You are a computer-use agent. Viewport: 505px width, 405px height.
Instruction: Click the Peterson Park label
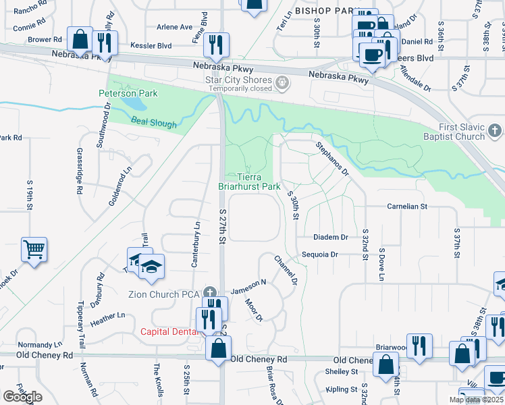click(x=128, y=93)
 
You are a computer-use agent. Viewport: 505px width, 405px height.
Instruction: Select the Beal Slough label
click(x=154, y=124)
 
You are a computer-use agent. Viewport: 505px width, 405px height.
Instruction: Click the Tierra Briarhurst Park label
click(x=249, y=181)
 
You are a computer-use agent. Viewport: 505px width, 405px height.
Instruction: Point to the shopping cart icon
click(x=34, y=249)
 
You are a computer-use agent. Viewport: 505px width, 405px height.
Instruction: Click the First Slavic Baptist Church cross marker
click(x=494, y=131)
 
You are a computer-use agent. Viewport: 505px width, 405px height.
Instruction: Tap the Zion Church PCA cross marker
click(x=211, y=294)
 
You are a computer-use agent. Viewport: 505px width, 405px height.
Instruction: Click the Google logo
click(x=22, y=397)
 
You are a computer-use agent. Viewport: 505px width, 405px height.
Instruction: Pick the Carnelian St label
click(x=407, y=206)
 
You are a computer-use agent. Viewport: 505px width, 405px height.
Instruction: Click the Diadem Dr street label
click(x=330, y=238)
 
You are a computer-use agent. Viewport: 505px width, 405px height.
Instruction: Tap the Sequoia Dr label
click(x=320, y=254)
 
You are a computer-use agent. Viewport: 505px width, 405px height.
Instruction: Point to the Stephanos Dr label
click(x=331, y=159)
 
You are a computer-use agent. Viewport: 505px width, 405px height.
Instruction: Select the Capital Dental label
click(x=169, y=331)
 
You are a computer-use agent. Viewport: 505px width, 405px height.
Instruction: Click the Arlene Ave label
click(x=174, y=27)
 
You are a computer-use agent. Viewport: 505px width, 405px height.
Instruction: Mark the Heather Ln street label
click(x=107, y=315)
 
